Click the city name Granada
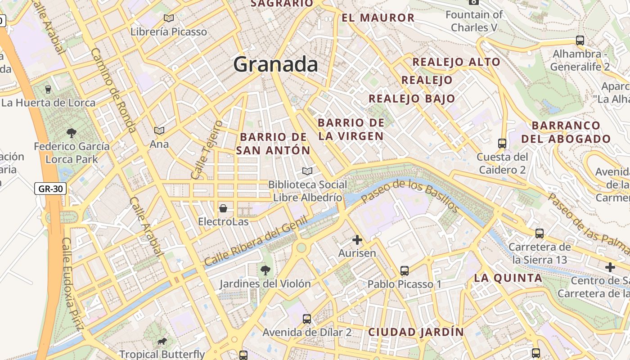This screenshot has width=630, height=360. coord(275,64)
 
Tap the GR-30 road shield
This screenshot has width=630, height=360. coord(50,189)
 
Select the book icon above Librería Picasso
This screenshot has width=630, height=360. coord(169,18)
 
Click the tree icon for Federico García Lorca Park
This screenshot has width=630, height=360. coord(71,133)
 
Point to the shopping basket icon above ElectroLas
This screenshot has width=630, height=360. coord(223,208)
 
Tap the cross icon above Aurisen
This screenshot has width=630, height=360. coord(357,240)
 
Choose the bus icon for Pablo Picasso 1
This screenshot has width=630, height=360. coord(405,271)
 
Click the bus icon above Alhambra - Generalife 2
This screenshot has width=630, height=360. coord(580,40)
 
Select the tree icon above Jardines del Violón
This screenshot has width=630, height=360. coord(265,270)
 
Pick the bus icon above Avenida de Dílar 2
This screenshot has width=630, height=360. coord(307,319)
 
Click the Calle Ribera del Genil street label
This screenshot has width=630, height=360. coord(256,241)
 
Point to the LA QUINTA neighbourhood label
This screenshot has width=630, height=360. coord(508,278)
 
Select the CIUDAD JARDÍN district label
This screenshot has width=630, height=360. coord(416,332)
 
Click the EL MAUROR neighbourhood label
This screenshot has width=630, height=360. coord(378,18)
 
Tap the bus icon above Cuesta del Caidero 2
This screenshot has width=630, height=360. coord(502,144)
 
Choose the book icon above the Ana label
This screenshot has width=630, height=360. coord(159,130)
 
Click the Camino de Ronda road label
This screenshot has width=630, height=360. coord(113,90)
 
